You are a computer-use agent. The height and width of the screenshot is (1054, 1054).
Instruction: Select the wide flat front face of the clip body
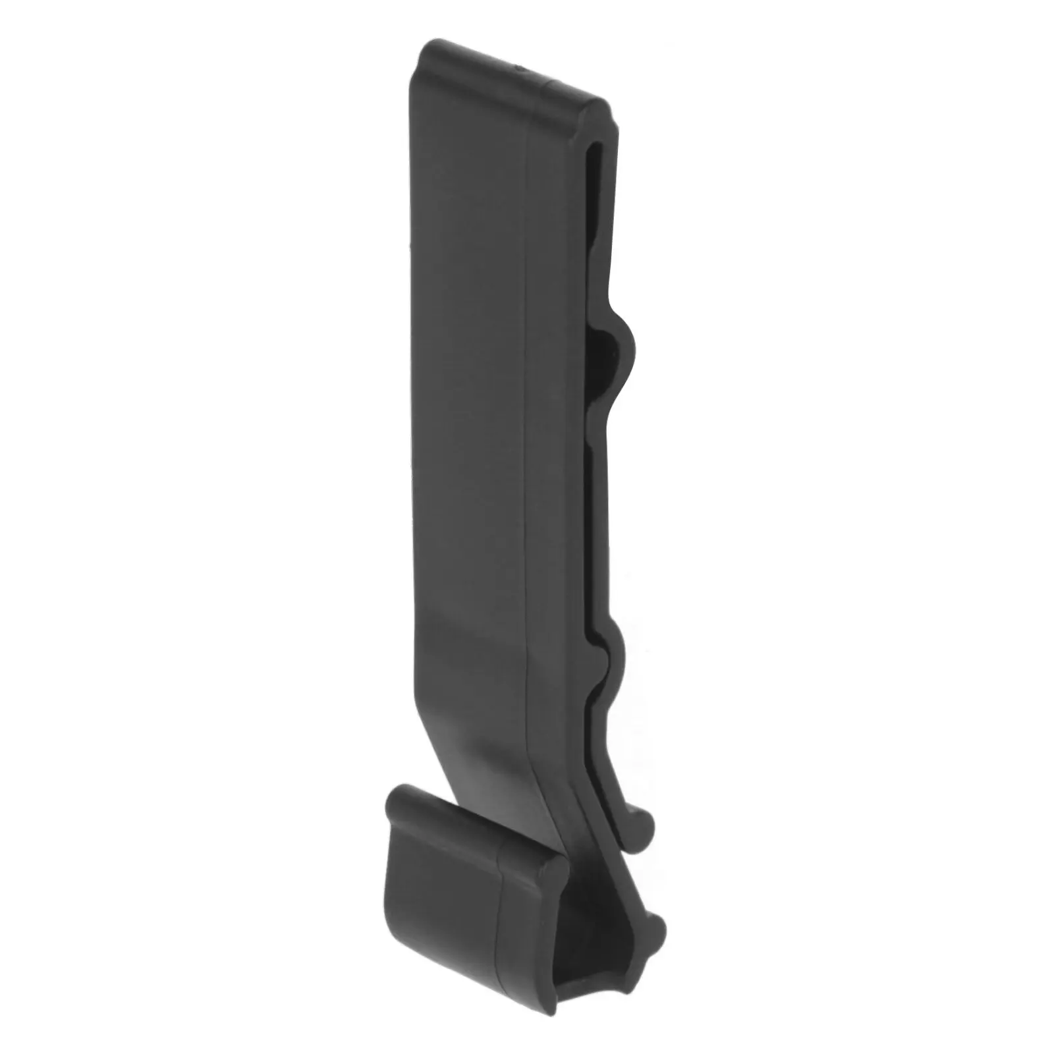click(468, 395)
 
